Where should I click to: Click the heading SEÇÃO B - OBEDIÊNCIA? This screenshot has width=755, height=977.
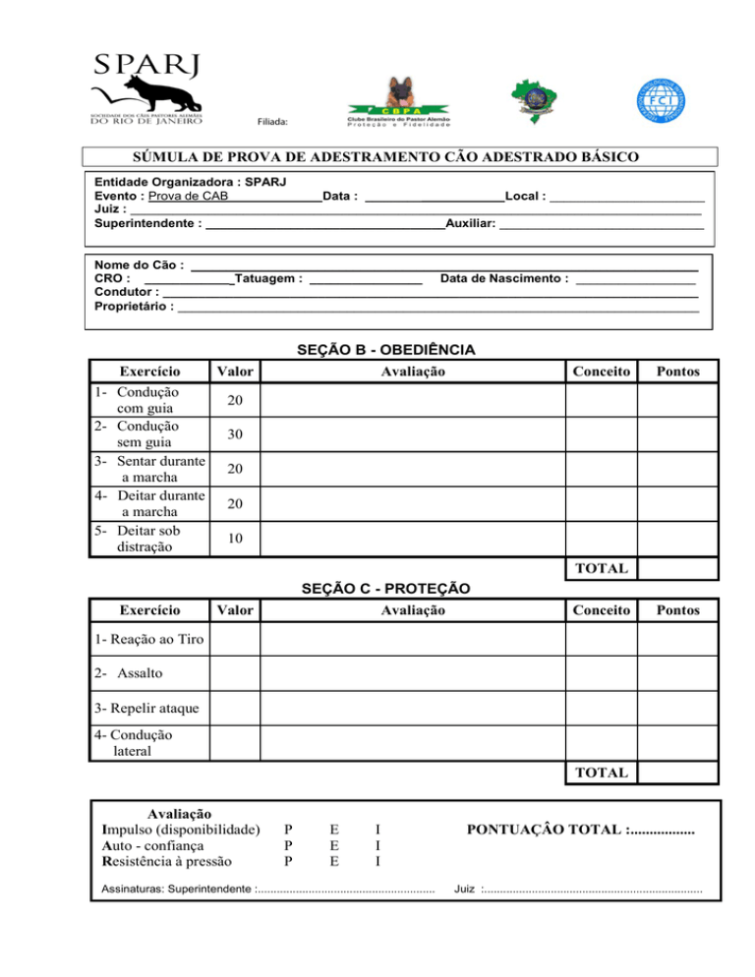click(386, 350)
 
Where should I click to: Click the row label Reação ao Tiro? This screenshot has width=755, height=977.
click(149, 640)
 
